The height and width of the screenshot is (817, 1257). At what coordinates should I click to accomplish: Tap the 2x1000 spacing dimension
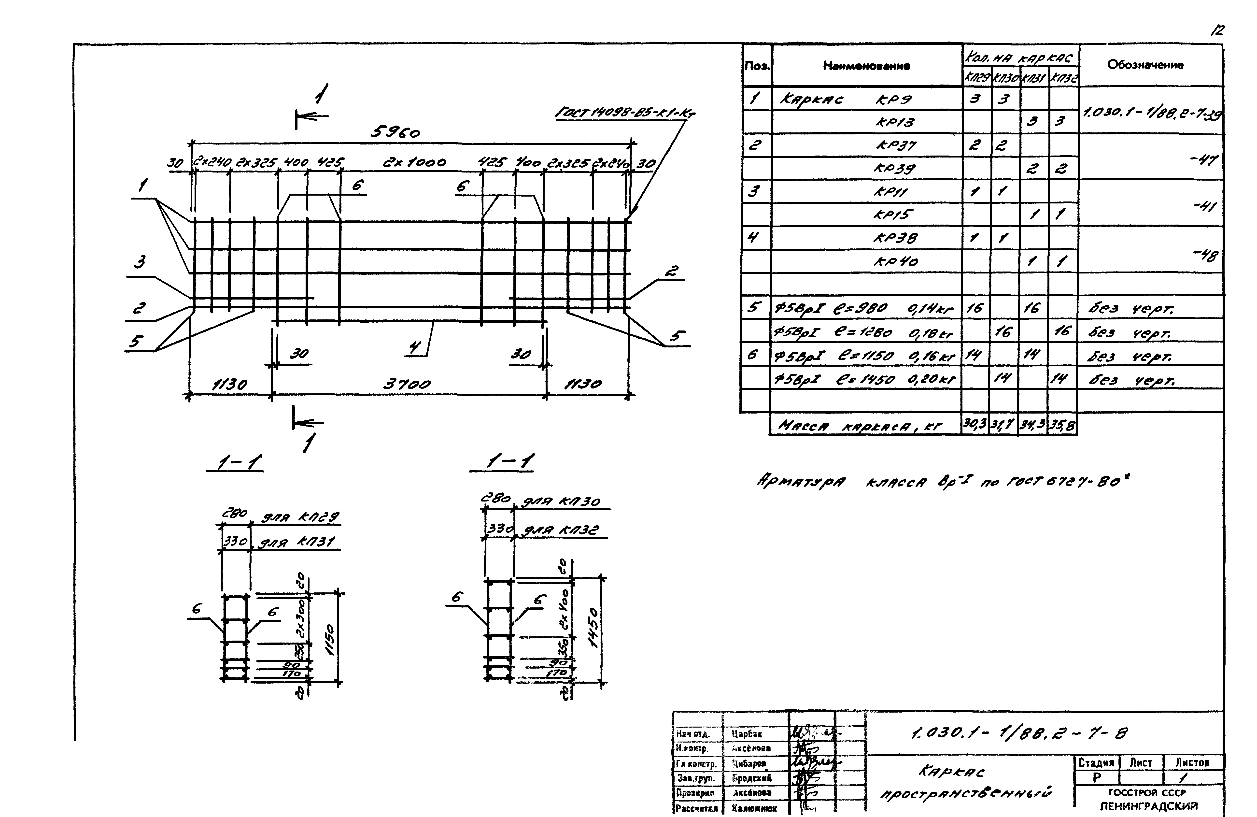tap(415, 162)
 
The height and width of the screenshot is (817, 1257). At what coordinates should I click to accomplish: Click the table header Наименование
tap(866, 66)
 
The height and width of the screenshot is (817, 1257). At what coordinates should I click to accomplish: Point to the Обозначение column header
tap(1145, 65)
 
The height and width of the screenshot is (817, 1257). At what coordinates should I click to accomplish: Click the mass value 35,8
tap(1062, 425)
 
